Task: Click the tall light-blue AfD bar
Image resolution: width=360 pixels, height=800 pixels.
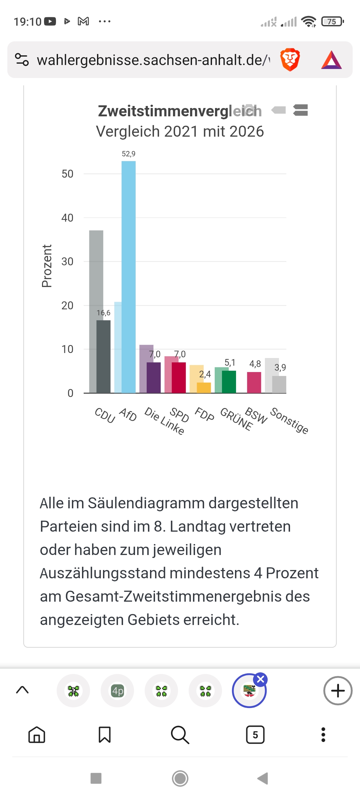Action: click(128, 277)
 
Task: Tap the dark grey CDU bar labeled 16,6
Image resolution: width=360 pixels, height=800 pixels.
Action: click(103, 357)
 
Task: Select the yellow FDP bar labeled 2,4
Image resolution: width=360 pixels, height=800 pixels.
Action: click(204, 388)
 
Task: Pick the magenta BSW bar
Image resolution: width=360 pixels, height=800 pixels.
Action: click(254, 383)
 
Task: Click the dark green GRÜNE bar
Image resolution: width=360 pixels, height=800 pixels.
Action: click(229, 382)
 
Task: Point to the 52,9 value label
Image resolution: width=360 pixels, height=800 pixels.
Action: click(129, 154)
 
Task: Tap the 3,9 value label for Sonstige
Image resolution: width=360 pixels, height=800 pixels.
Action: click(280, 367)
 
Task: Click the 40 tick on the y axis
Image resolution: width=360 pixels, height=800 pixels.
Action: click(67, 218)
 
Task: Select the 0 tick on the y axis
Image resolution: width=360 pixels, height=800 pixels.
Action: click(70, 393)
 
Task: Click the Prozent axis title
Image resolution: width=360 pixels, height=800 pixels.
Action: click(47, 266)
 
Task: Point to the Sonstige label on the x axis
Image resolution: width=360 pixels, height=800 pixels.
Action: click(289, 421)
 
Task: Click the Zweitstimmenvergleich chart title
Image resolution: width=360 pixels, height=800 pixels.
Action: click(180, 111)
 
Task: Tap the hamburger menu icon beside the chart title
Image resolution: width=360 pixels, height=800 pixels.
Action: click(300, 110)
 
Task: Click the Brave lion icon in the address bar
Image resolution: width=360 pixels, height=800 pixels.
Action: click(290, 60)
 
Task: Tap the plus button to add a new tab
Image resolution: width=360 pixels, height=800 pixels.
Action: click(338, 690)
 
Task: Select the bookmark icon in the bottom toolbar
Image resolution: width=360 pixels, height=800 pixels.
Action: click(105, 735)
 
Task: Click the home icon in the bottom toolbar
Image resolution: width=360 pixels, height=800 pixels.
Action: click(37, 735)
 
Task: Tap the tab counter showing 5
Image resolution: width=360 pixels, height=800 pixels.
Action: click(255, 735)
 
